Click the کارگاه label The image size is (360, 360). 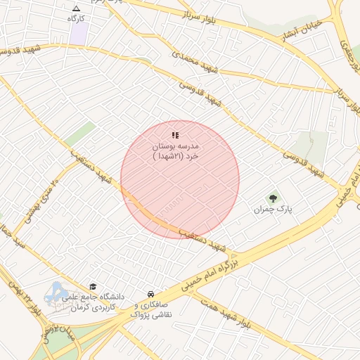(76, 18)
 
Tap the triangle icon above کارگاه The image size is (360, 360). (76, 8)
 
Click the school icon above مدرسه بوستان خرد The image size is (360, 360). (175, 135)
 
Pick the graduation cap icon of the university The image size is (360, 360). (93, 286)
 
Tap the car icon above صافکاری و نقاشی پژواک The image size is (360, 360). (150, 293)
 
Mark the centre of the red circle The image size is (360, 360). (180, 179)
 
